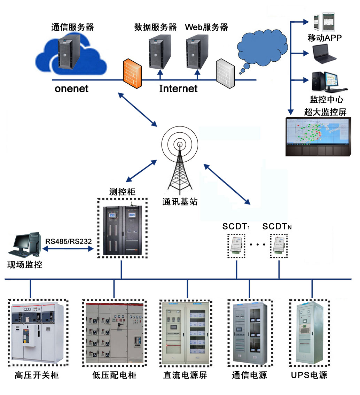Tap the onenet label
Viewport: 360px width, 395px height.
71,89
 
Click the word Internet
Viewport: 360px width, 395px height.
178,89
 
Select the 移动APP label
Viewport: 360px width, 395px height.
325,38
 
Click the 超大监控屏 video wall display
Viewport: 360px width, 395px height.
318,137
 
